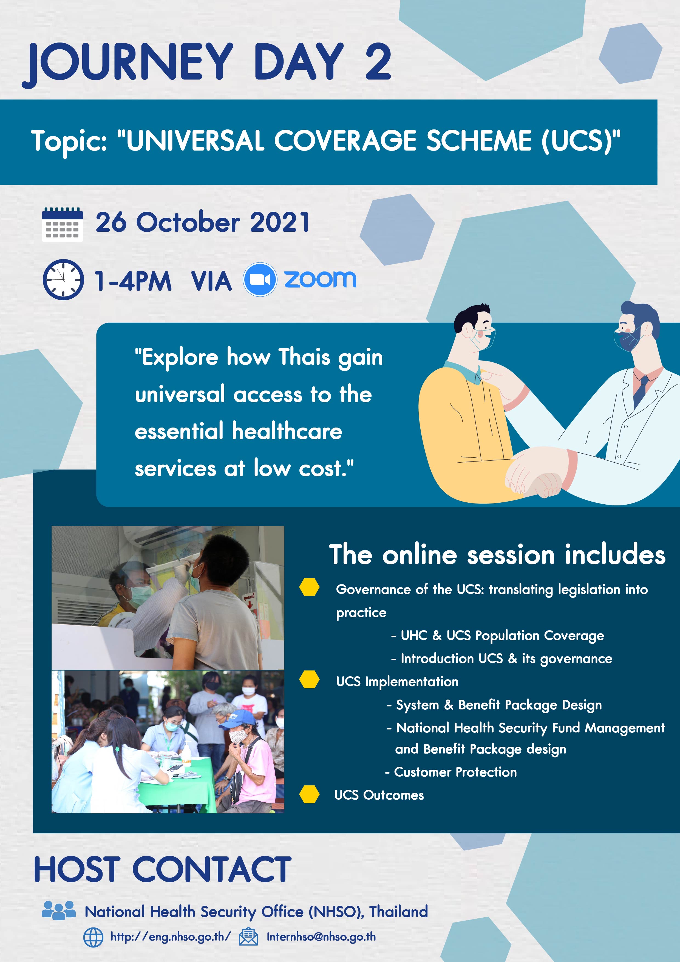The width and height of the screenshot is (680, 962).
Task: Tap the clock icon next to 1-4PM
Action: click(x=63, y=279)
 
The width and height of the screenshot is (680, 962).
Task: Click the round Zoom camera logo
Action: click(x=260, y=279)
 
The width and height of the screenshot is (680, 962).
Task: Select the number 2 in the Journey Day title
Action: click(x=378, y=62)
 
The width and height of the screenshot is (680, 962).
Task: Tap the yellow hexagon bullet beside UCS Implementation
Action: click(x=309, y=679)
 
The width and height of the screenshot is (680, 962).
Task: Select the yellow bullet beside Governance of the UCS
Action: click(x=309, y=587)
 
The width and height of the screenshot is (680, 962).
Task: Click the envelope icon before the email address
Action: click(x=248, y=937)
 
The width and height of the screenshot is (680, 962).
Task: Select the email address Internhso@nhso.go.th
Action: click(x=321, y=937)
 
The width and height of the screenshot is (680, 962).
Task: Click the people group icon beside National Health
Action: click(x=59, y=910)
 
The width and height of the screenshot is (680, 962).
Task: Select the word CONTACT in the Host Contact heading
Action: click(x=212, y=869)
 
